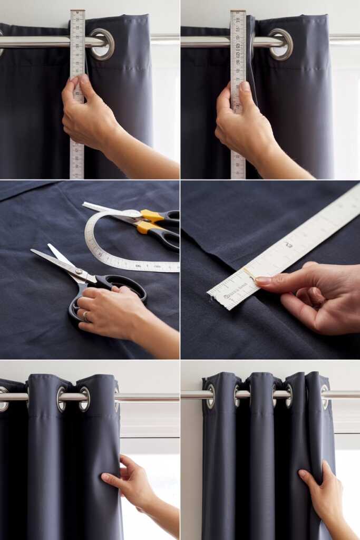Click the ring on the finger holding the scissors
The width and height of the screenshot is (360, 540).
(x=85, y=315)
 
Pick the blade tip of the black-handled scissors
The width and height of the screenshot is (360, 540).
(x=33, y=251)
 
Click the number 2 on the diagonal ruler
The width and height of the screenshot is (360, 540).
(x=288, y=245)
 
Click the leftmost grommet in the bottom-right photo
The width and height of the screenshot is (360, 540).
(x=211, y=396)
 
